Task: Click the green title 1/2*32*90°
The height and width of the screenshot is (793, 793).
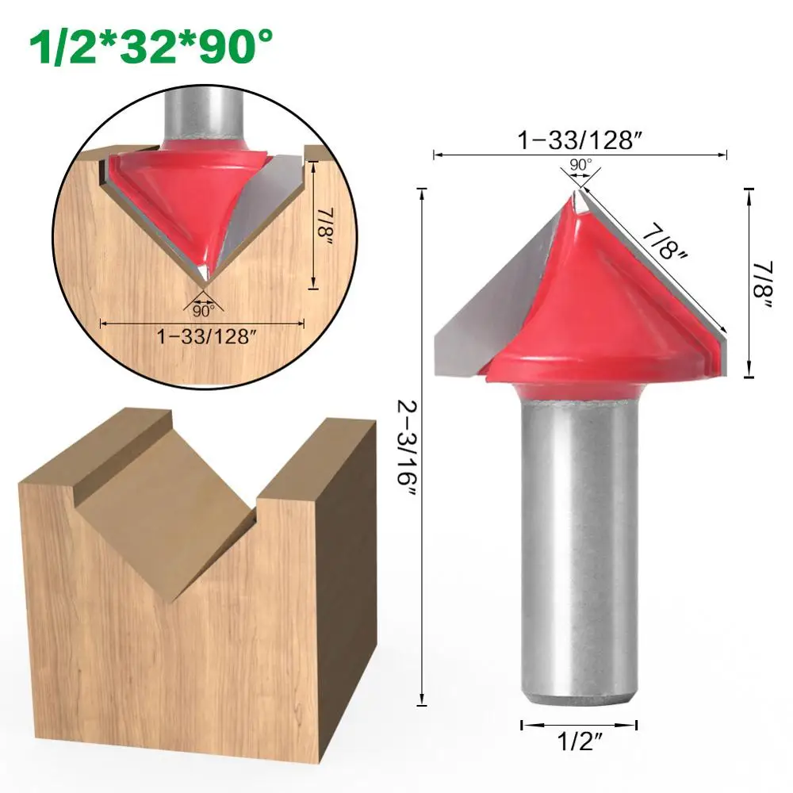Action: [151, 44]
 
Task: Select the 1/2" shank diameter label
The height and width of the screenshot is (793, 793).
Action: [580, 741]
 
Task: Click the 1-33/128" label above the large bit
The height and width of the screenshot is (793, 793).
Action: [580, 140]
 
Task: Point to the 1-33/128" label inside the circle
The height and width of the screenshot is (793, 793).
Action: [203, 335]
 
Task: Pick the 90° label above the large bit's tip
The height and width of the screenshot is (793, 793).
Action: [580, 165]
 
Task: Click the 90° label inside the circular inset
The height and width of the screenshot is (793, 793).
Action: [203, 310]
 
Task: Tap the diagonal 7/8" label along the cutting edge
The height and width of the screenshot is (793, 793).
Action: [665, 243]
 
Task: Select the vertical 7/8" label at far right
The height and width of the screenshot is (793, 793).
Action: [761, 285]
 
